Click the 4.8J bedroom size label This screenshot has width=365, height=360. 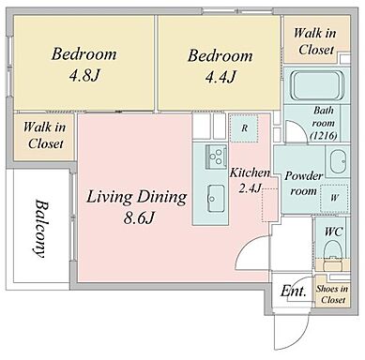click(84, 75)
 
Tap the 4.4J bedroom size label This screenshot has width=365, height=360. click(221, 77)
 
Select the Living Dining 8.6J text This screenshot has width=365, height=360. click(137, 207)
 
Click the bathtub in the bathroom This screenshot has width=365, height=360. click(317, 85)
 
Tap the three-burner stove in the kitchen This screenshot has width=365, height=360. click(216, 157)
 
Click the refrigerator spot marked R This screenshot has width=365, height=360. click(244, 127)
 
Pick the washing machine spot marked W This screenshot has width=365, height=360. click(334, 198)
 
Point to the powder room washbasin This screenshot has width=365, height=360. click(338, 161)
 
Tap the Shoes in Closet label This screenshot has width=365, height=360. click(332, 294)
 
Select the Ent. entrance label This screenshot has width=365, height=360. click(293, 291)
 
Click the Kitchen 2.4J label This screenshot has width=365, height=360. click(250, 181)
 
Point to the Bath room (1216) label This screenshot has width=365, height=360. click(324, 123)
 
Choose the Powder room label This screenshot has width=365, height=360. click(303, 183)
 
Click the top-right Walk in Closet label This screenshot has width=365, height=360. click(315, 41)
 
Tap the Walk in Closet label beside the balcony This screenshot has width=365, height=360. click(44, 135)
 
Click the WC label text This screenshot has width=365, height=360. click(333, 232)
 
